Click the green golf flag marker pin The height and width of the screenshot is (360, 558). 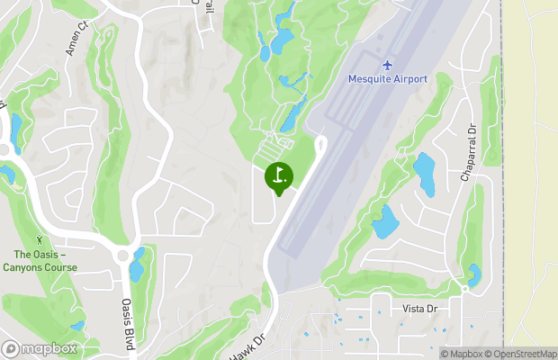[x=278, y=176]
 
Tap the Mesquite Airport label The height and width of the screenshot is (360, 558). [x=387, y=78]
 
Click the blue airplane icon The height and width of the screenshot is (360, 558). [x=388, y=65]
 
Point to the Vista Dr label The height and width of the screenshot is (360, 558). [x=419, y=309]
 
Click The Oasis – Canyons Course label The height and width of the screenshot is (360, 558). [x=40, y=260]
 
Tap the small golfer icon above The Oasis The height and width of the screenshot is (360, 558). [x=40, y=240]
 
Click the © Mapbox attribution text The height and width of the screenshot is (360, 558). [x=462, y=353]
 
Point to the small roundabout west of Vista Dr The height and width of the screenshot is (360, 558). [x=464, y=289]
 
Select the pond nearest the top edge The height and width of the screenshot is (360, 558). [x=284, y=37]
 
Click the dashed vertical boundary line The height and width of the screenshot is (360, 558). [x=501, y=180]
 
